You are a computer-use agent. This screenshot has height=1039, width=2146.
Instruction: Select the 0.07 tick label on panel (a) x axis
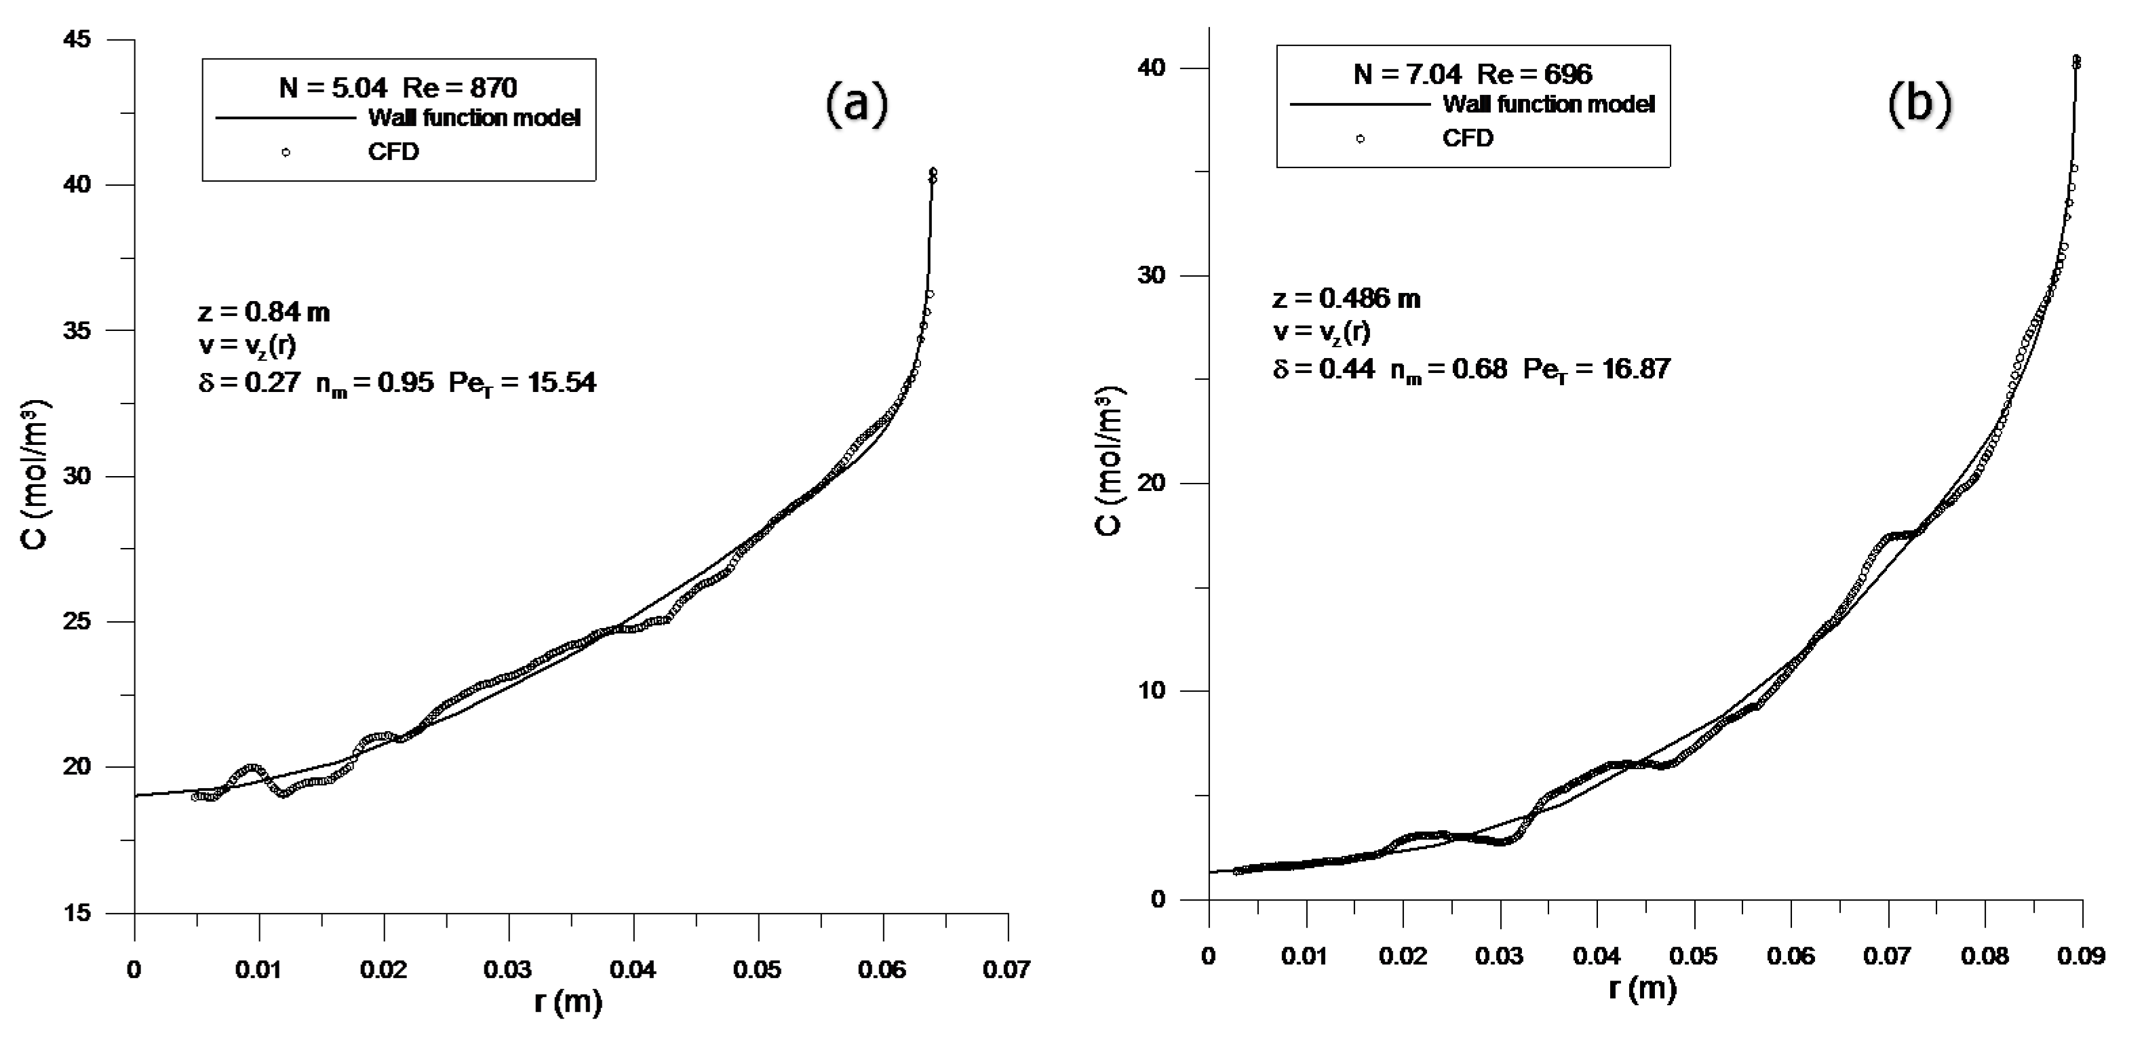pyautogui.click(x=1007, y=970)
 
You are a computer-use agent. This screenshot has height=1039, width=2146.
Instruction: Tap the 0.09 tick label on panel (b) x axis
pyautogui.click(x=2081, y=956)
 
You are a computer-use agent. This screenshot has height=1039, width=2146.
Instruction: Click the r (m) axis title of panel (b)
pyautogui.click(x=1641, y=988)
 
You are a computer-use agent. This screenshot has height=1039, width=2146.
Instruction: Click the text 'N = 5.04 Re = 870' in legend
pyautogui.click(x=398, y=87)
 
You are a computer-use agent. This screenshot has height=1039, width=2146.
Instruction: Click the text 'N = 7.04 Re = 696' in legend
pyautogui.click(x=1472, y=74)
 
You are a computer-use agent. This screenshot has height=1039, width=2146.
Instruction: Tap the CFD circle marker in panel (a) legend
pyautogui.click(x=286, y=153)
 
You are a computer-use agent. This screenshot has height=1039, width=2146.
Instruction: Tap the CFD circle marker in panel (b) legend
pyautogui.click(x=1360, y=138)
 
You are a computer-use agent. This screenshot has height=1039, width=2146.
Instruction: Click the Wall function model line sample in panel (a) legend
pyautogui.click(x=286, y=118)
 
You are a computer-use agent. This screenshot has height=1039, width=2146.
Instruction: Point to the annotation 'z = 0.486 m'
pyautogui.click(x=1346, y=298)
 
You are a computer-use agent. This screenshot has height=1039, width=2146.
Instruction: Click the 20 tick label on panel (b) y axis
pyautogui.click(x=1153, y=484)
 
